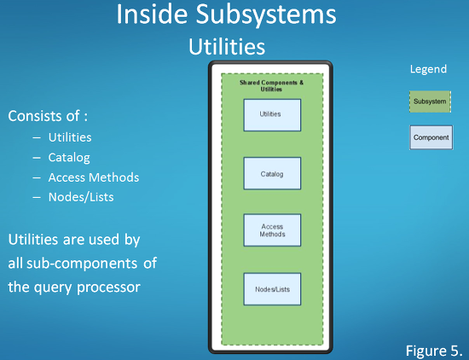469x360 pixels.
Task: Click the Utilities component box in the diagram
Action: pos(272,115)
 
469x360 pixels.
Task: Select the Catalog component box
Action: pos(272,173)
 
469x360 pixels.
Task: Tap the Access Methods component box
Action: pos(272,230)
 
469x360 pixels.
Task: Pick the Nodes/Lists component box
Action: pos(272,289)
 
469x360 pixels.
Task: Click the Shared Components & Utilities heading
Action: pos(271,86)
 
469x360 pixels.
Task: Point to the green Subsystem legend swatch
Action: pos(430,102)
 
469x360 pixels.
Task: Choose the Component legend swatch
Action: pos(431,137)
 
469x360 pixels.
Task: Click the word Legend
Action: pos(428,69)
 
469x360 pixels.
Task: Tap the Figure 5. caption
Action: pos(434,351)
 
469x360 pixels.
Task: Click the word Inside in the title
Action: pos(152,14)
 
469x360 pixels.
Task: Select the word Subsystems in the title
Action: pos(266,15)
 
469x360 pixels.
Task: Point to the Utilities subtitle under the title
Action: pos(227,46)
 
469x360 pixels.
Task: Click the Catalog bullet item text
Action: pos(69,158)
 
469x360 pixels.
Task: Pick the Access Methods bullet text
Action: pos(94,177)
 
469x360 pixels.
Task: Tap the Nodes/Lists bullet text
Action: pos(81,197)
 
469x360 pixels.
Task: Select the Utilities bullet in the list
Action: pos(70,137)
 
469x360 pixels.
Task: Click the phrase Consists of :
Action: pos(48,116)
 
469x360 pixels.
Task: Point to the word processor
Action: pos(108,287)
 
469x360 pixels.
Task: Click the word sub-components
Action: pos(82,264)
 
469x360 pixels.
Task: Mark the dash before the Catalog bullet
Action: pos(37,158)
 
